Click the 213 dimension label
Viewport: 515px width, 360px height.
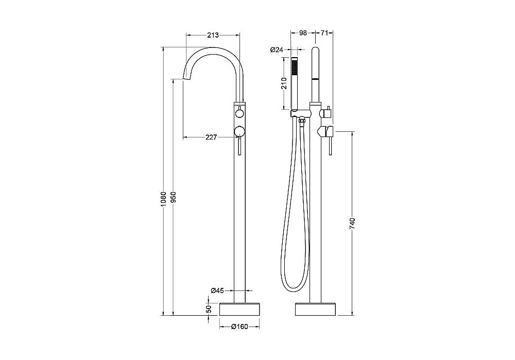(213, 35)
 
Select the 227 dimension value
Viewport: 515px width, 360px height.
(211, 138)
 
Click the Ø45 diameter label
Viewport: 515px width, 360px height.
(217, 290)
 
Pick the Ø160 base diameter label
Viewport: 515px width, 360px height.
(239, 327)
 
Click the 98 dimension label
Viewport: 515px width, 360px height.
(303, 33)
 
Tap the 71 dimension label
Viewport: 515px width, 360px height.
(324, 33)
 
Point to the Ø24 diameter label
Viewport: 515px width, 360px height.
(277, 50)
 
